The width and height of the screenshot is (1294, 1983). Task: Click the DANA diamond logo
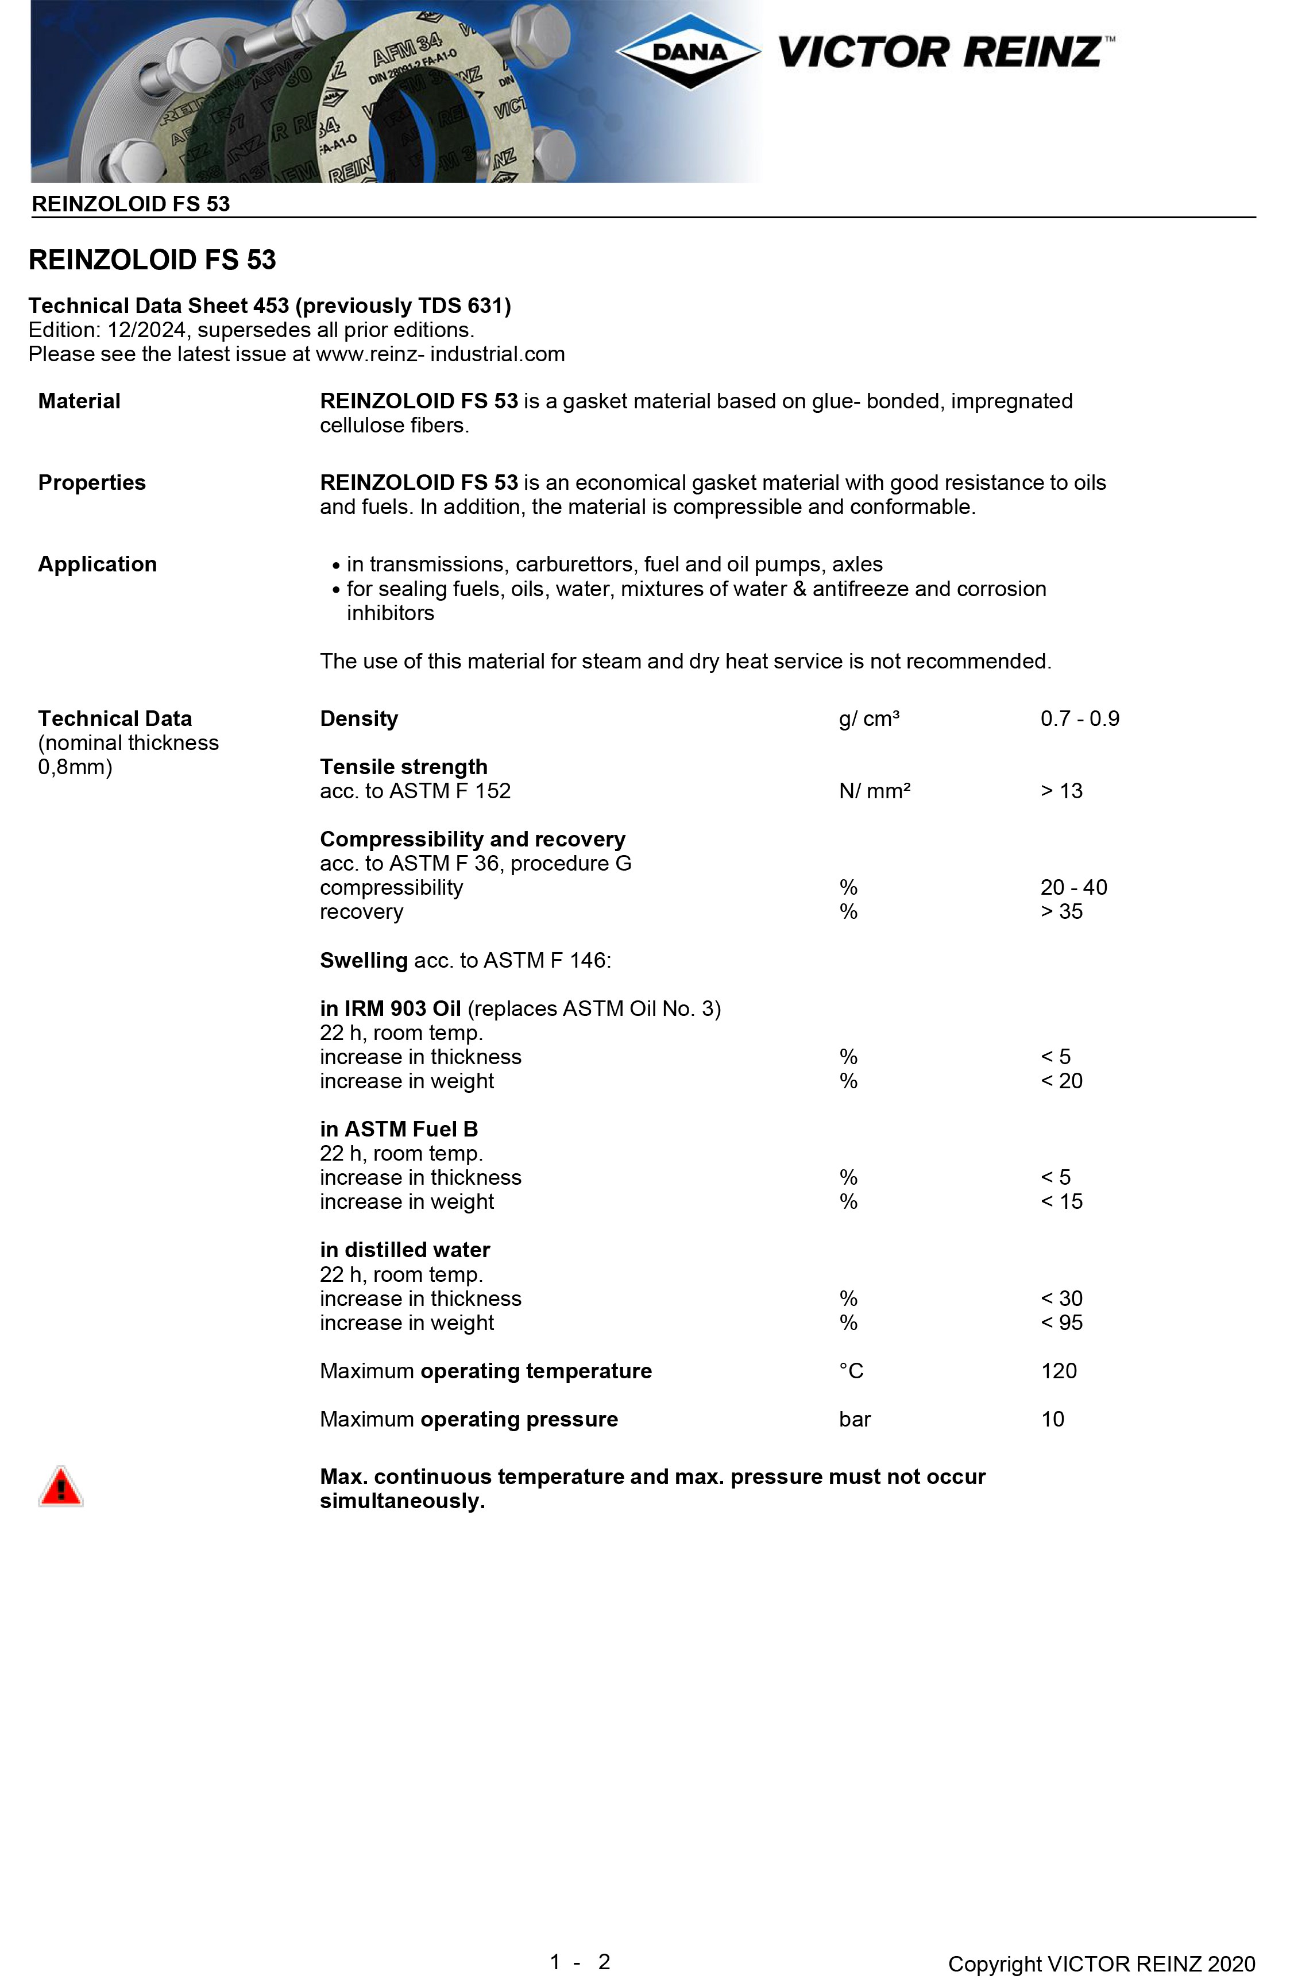pos(688,52)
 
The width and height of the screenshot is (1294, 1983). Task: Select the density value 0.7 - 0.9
pos(1079,718)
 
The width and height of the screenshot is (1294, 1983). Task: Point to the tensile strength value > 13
pos(1061,791)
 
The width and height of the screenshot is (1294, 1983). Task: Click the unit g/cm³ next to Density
pos(868,718)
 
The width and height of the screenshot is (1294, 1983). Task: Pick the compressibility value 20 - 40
pos(1073,887)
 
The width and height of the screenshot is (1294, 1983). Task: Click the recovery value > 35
pos(1061,911)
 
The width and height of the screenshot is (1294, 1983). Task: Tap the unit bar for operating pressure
pos(854,1419)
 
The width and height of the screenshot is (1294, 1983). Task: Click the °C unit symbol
pos(851,1371)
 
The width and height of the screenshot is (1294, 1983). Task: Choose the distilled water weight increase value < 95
pos(1061,1322)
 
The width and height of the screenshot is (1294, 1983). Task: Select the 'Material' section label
pos(79,401)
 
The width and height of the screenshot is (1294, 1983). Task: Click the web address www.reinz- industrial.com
pos(440,354)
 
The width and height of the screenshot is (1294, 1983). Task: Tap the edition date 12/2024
pos(146,330)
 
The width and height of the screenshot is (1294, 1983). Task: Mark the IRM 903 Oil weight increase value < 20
pos(1061,1081)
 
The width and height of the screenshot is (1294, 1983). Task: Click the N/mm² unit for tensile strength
pos(874,791)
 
